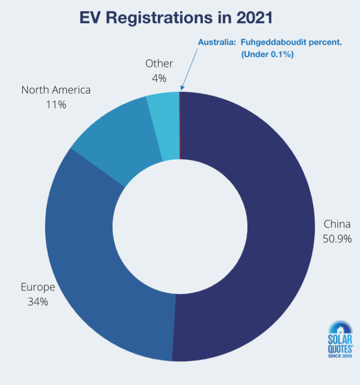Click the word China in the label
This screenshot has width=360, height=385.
(337, 224)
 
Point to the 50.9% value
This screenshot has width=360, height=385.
(337, 239)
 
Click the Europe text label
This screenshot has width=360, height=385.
(37, 287)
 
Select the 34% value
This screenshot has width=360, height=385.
(37, 302)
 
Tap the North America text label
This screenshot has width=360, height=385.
(56, 89)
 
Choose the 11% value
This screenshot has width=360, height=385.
(56, 104)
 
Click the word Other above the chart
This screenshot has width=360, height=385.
(159, 63)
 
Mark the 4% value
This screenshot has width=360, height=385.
(159, 78)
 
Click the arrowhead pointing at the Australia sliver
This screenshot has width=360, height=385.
(181, 88)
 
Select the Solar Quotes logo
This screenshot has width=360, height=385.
(341, 337)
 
